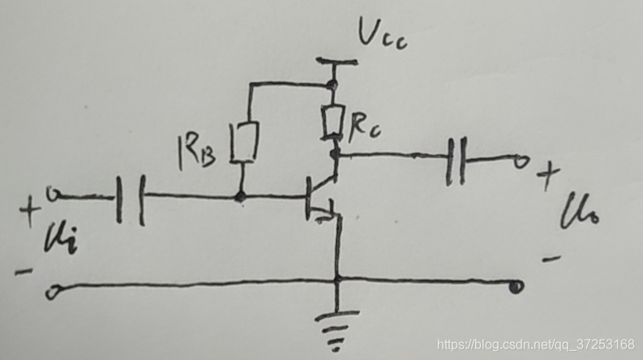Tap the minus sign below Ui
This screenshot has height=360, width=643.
[x=24, y=271]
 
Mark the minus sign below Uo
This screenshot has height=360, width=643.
[x=551, y=259]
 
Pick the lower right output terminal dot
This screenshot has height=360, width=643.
[x=515, y=285]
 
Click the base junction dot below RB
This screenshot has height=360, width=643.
[x=240, y=195]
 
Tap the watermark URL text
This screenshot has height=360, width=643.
[x=535, y=345]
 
